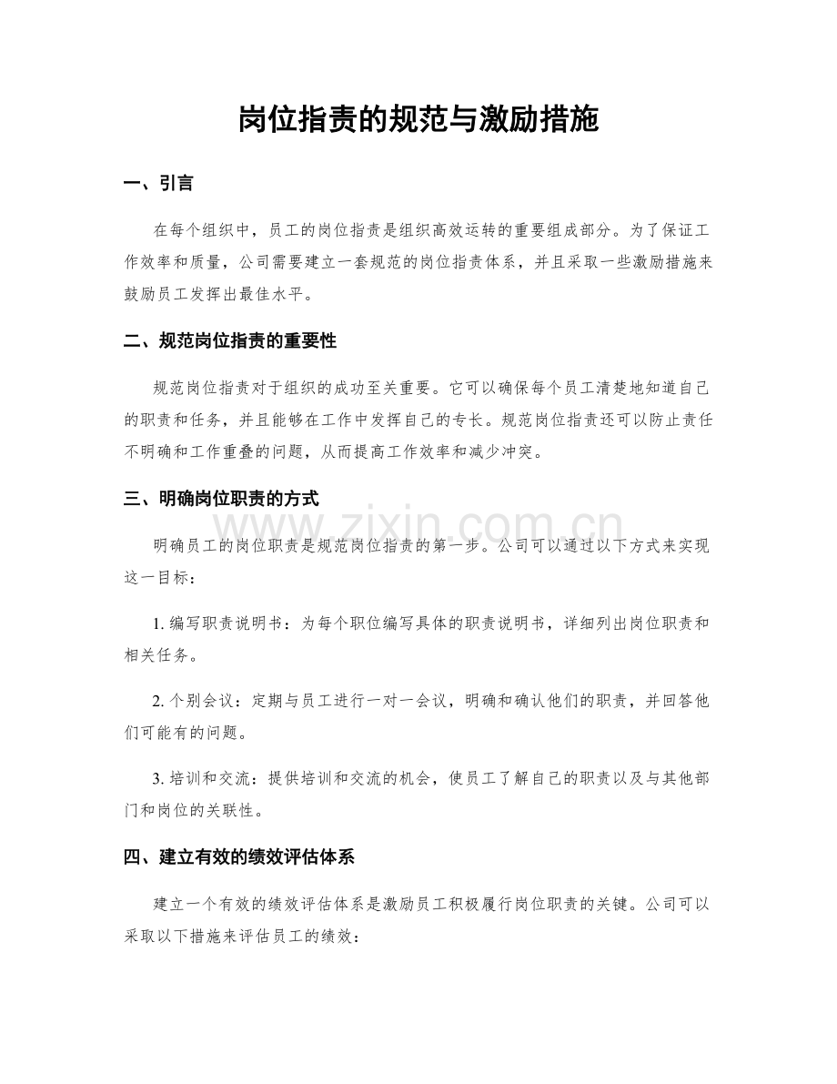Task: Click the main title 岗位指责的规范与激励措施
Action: (418, 119)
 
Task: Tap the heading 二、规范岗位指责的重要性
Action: (229, 341)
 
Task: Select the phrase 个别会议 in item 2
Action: (197, 702)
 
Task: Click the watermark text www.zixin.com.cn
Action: (418, 526)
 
